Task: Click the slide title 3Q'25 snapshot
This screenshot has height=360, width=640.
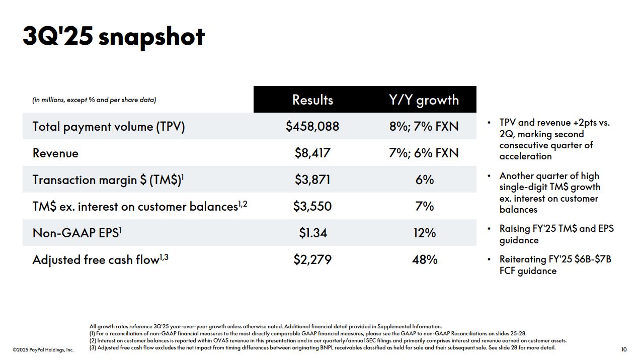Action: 114,37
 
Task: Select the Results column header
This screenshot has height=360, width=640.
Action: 312,100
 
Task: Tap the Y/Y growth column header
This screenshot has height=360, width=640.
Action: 424,100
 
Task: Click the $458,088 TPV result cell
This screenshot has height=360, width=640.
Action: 312,126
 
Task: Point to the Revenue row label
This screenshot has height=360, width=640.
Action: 55,153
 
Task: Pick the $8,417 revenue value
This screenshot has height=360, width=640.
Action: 312,153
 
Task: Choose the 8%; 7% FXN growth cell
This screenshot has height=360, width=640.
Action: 424,126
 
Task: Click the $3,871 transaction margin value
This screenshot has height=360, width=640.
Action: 312,179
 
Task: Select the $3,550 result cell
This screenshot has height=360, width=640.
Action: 312,206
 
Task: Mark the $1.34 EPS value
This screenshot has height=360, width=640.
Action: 312,233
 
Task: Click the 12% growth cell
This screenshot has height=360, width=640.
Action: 424,233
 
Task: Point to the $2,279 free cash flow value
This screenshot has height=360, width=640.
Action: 312,259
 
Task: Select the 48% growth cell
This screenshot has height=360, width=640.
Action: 424,259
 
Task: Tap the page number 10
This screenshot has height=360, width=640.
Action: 624,349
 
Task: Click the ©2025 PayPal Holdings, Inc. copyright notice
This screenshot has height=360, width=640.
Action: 43,349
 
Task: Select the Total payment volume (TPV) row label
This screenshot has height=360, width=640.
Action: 109,126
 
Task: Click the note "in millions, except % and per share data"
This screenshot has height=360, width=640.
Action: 94,100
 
